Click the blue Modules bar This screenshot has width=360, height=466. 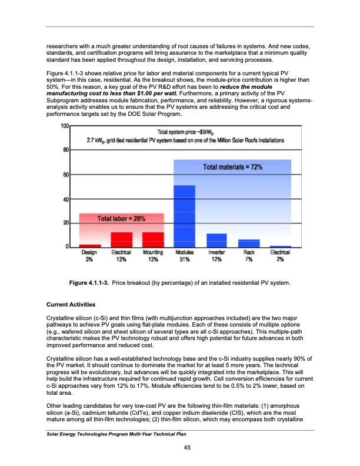tap(185, 216)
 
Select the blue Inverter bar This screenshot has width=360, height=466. tap(217, 240)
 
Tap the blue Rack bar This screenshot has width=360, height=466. tap(249, 243)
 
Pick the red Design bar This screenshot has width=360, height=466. tap(90, 245)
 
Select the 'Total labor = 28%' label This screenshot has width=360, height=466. tap(121, 218)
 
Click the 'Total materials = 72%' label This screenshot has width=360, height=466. tap(232, 167)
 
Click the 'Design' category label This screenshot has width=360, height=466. tap(89, 253)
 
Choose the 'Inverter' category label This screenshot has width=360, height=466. tap(217, 253)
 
